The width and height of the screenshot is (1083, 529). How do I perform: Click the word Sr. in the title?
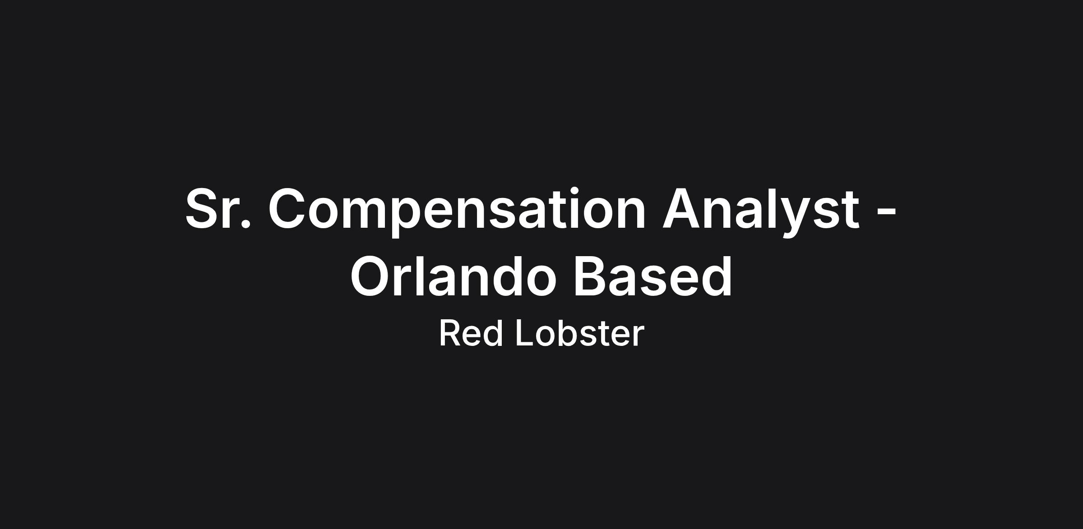click(218, 208)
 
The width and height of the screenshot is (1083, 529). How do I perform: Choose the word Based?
click(653, 276)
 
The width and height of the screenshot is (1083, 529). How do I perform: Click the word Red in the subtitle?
click(471, 333)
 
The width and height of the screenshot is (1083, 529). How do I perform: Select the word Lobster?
click(580, 333)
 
